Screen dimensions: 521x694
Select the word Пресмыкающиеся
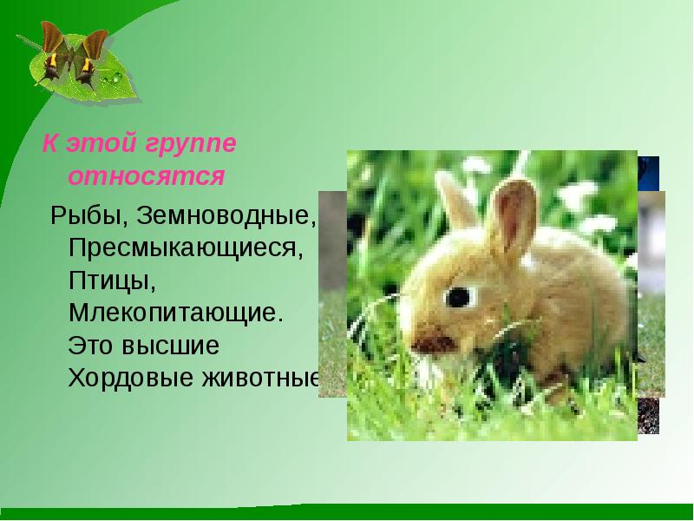pyautogui.click(x=187, y=248)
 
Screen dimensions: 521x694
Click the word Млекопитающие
pyautogui.click(x=176, y=313)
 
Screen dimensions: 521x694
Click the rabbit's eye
pyautogui.click(x=457, y=296)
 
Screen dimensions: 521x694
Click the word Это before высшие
pyautogui.click(x=92, y=346)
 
